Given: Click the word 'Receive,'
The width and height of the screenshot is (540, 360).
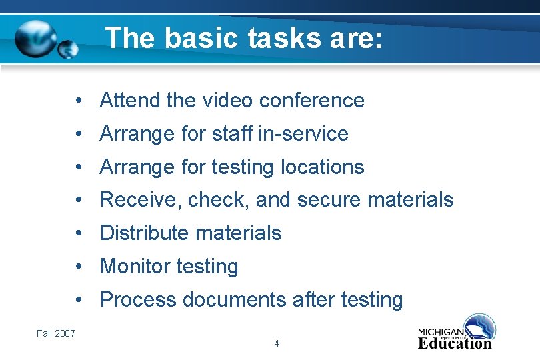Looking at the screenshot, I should [x=141, y=200].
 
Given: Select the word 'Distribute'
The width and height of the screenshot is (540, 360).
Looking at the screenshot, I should [x=145, y=233].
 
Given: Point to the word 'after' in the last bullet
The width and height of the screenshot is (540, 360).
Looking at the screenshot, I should [x=314, y=300].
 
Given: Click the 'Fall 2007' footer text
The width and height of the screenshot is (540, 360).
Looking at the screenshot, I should [x=55, y=333].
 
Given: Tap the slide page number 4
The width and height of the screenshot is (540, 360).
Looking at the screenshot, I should [x=277, y=343].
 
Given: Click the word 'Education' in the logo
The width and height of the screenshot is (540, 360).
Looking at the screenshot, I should [x=455, y=343].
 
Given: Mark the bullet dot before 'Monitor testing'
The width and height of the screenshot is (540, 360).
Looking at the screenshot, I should [x=79, y=267].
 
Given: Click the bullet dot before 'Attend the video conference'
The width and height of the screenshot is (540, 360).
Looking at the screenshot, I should [x=79, y=100].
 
